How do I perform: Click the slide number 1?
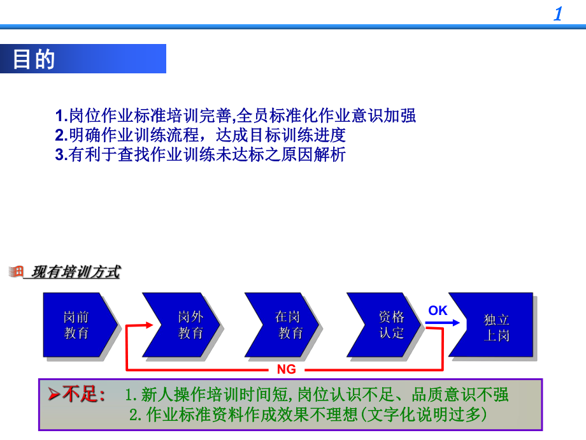tap(558, 14)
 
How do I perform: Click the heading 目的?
tap(34, 59)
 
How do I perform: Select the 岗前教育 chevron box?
tap(78, 325)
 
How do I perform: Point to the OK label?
tap(438, 311)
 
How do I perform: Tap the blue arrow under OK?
tap(443, 323)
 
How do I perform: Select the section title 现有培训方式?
tap(76, 272)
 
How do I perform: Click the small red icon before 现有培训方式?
tap(16, 272)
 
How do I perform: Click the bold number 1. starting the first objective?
tap(61, 116)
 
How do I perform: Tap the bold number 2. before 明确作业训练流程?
tap(61, 135)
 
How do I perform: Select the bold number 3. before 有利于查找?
tap(61, 154)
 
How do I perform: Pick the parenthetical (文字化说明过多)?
tap(426, 415)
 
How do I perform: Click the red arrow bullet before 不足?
tap(54, 395)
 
